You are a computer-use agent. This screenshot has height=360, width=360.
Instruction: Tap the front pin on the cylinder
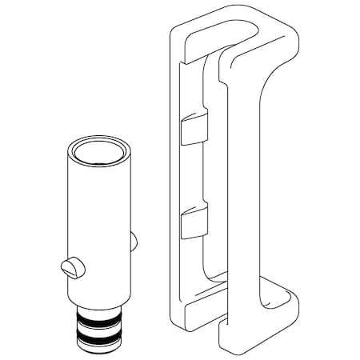pyautogui.click(x=70, y=267)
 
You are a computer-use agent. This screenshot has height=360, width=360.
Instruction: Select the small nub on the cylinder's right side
pyautogui.click(x=133, y=241)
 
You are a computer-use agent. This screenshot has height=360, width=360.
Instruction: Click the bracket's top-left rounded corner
pyautogui.click(x=174, y=30)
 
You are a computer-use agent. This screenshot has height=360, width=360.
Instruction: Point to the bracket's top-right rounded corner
pyautogui.click(x=293, y=36)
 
